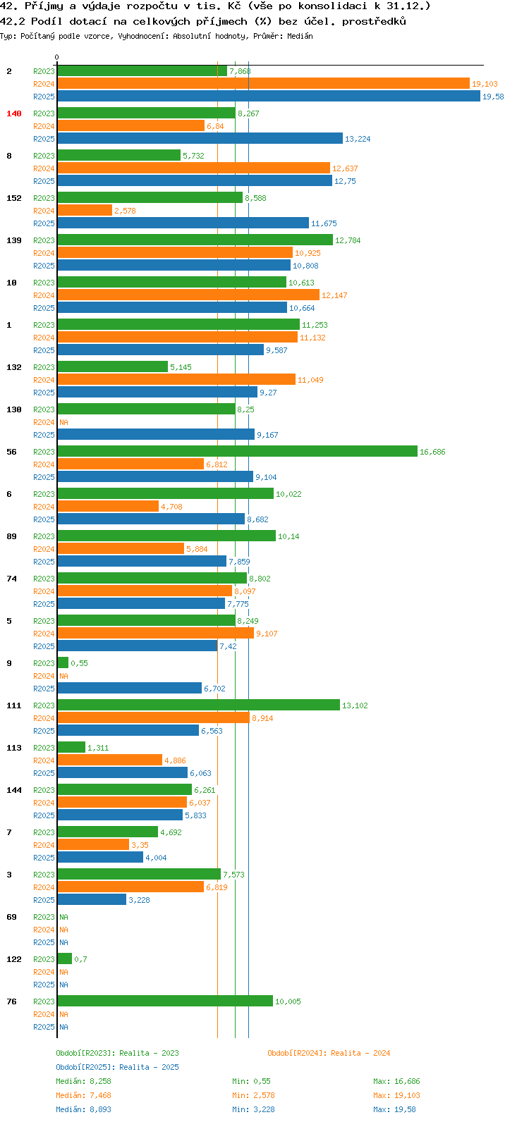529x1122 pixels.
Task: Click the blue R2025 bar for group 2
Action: [x=269, y=96]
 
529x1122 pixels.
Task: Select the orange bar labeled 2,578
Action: [x=85, y=210]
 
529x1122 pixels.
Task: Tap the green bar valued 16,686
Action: [x=238, y=451]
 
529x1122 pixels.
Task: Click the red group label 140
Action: [x=14, y=113]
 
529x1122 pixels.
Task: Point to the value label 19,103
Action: [x=485, y=84]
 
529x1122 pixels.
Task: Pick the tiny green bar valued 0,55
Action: [x=63, y=662]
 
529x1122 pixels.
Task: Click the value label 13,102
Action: [x=355, y=705]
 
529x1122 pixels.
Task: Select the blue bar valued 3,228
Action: [x=92, y=899]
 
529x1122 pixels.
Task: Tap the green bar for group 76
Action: [x=166, y=1001]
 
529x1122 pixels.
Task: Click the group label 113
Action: [x=14, y=748]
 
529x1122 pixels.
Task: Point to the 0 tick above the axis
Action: [x=56, y=57]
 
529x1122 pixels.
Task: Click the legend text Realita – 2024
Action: [x=360, y=1053]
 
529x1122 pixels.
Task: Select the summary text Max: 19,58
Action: [x=394, y=1109]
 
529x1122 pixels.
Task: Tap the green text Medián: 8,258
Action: [x=84, y=1081]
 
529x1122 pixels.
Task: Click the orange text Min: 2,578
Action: [x=253, y=1095]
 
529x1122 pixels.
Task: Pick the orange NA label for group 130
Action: [x=63, y=422]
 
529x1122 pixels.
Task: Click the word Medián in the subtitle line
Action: [x=300, y=36]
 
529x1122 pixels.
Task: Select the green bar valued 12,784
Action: [x=195, y=240]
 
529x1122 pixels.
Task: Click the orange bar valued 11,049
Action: [x=176, y=379]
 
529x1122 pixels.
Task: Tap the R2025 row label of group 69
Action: [x=44, y=942]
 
